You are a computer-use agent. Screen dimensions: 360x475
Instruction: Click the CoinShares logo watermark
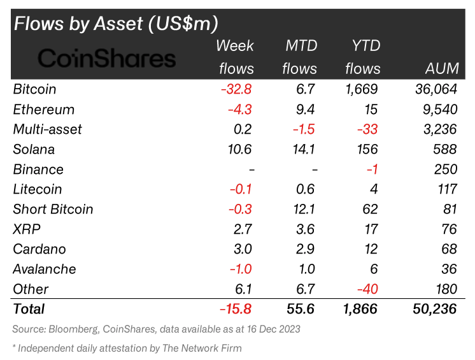click(106, 59)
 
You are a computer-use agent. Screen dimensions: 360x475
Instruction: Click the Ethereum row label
click(44, 110)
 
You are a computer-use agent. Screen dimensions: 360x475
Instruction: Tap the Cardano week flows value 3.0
click(243, 249)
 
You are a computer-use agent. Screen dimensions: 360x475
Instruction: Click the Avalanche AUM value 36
click(448, 269)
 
